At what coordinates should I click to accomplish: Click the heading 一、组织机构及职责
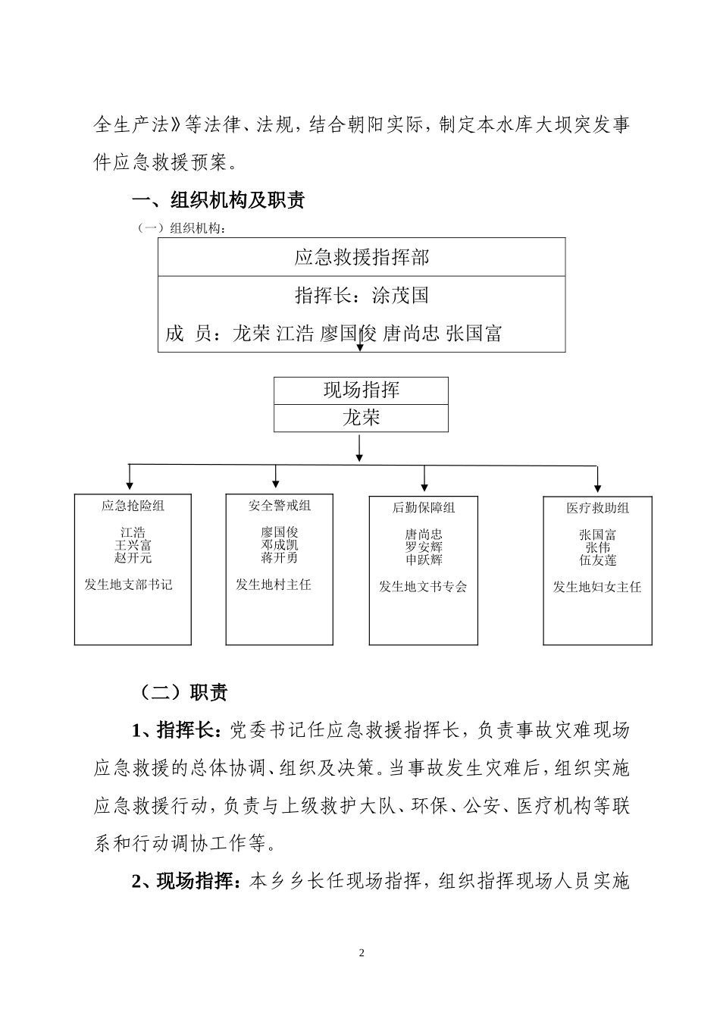(x=218, y=200)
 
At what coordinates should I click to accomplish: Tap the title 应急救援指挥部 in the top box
(x=362, y=258)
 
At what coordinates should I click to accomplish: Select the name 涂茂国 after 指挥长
(x=401, y=295)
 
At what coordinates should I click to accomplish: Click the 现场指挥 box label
(x=361, y=390)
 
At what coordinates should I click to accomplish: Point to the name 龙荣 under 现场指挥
(x=361, y=418)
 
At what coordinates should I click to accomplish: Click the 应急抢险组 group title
(x=133, y=506)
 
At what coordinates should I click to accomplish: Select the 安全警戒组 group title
(x=279, y=506)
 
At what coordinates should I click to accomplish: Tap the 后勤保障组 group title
(x=424, y=507)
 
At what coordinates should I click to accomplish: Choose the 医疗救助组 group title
(x=597, y=508)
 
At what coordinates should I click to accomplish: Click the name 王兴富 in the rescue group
(x=133, y=545)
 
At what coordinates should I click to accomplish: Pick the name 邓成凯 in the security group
(x=279, y=545)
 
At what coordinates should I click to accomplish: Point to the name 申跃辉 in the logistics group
(x=424, y=560)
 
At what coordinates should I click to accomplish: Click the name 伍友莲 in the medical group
(x=597, y=560)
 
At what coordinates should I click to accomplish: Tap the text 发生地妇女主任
(x=597, y=587)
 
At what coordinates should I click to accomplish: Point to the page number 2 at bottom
(x=361, y=952)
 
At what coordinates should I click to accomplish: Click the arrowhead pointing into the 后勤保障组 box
(x=424, y=489)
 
